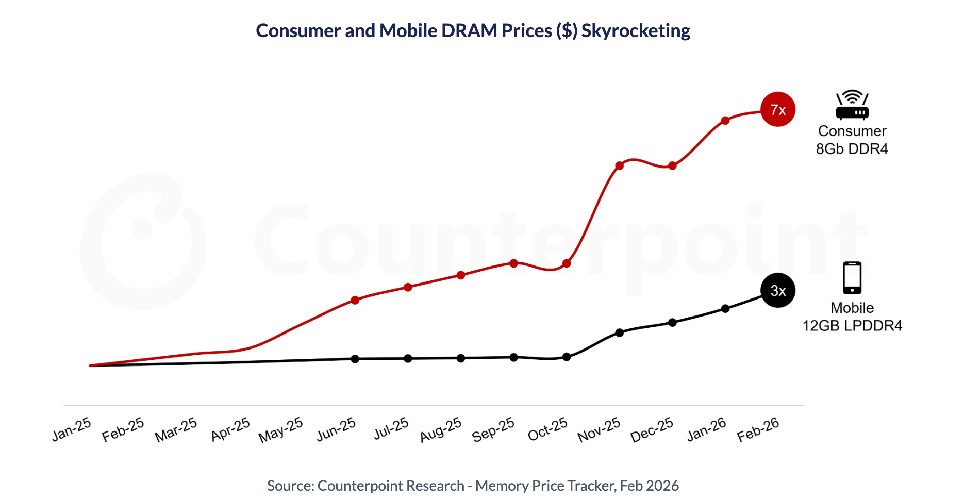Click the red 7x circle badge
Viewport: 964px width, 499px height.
click(x=778, y=109)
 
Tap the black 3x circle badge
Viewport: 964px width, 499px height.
click(x=778, y=290)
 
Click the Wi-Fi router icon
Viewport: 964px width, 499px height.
click(x=852, y=105)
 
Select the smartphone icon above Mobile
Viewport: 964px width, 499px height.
click(x=852, y=278)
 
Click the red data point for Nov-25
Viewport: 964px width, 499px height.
click(x=620, y=165)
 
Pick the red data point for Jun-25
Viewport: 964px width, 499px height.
click(x=355, y=300)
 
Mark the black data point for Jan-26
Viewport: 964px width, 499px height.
click(x=725, y=309)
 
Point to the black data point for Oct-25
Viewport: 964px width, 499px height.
click(x=567, y=357)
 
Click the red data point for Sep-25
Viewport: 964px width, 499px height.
click(x=513, y=263)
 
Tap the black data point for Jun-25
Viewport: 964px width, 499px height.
click(x=355, y=359)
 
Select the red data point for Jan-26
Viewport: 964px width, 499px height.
click(x=725, y=121)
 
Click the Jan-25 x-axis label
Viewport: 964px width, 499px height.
click(x=72, y=429)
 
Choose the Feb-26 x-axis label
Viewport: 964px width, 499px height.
click(x=758, y=429)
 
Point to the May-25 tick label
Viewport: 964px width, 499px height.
click(x=281, y=430)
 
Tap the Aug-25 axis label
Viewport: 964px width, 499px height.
click(x=441, y=430)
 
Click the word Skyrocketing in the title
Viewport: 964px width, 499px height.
click(x=636, y=31)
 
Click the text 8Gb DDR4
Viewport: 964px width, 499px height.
click(x=852, y=149)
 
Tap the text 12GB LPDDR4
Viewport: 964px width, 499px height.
click(x=852, y=326)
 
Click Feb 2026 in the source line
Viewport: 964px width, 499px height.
click(x=649, y=486)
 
